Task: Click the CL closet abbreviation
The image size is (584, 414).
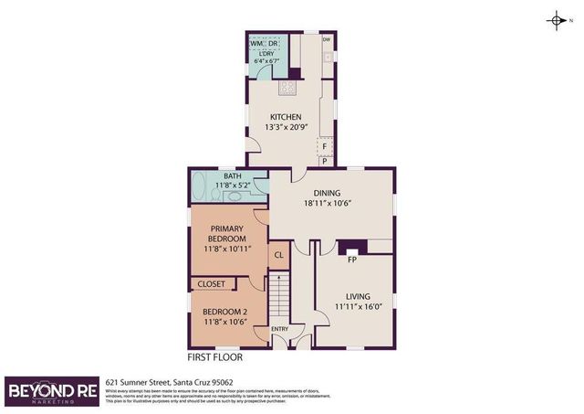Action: [x=279, y=255]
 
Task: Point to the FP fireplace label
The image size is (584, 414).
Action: [x=351, y=259]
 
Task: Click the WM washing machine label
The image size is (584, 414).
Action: [x=256, y=43]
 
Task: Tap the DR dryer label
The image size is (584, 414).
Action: [x=274, y=43]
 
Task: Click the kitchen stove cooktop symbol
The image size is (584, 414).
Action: [x=287, y=88]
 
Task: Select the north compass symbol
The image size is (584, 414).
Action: [x=557, y=20]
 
